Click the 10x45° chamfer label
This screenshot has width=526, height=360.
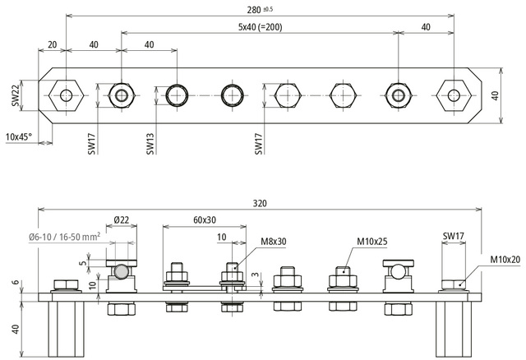[19, 136]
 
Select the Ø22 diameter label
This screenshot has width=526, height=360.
[121, 219]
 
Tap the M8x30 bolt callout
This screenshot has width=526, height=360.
[275, 241]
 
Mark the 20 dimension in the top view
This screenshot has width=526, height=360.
[53, 44]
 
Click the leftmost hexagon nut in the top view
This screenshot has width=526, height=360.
[64, 95]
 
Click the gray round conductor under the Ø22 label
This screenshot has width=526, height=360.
[121, 271]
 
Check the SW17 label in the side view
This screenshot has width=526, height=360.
[454, 238]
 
